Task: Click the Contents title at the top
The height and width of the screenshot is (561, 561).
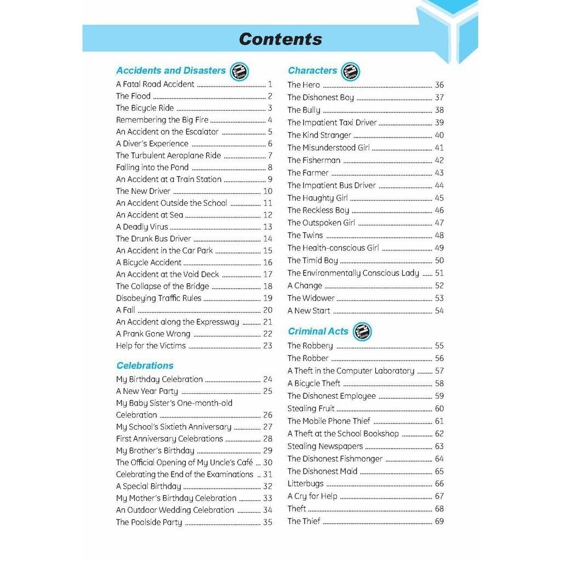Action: coord(280,39)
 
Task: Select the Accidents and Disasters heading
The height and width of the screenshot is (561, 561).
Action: coord(171,71)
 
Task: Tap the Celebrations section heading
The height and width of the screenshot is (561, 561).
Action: coord(145,365)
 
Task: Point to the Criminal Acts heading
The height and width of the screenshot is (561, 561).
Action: coord(318,331)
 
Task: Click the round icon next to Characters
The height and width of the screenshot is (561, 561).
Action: coord(351,71)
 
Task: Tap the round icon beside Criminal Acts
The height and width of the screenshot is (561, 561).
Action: coord(362,331)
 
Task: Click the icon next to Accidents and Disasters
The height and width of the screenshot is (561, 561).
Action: coord(239,71)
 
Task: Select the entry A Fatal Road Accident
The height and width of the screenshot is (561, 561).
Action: coord(155,84)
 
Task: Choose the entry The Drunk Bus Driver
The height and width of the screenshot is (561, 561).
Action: coord(153,239)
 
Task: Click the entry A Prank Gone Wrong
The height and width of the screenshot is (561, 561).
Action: coord(153,334)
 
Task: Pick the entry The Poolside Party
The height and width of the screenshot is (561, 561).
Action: coord(149,522)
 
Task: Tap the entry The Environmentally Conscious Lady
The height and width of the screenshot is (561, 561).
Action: coord(353,273)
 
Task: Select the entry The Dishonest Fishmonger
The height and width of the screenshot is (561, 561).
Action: coord(335,459)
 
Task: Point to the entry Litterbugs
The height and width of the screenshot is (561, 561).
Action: coord(306,484)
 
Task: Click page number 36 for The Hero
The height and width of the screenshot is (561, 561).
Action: coord(439,85)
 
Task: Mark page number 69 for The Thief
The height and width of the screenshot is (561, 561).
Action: coord(439,521)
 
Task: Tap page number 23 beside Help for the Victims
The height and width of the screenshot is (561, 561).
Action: coord(267,346)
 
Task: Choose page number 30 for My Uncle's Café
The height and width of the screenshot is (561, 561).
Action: coord(267,462)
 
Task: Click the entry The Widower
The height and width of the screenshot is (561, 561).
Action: coord(311,298)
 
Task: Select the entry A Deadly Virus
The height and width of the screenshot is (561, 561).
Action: coord(142,227)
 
